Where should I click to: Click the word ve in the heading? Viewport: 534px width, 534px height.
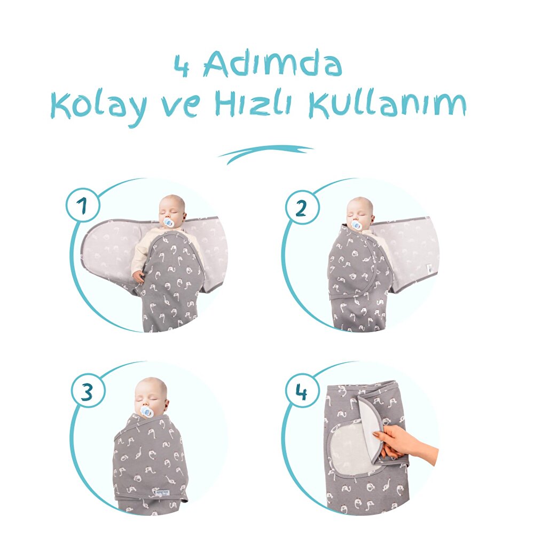pyautogui.click(x=182, y=107)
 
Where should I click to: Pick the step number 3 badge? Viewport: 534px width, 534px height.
pyautogui.click(x=87, y=391)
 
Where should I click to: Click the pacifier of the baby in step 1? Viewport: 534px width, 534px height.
pyautogui.click(x=169, y=222)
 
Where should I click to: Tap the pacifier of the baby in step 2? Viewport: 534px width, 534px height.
pyautogui.click(x=356, y=225)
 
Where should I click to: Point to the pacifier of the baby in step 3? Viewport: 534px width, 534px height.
pyautogui.click(x=146, y=412)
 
